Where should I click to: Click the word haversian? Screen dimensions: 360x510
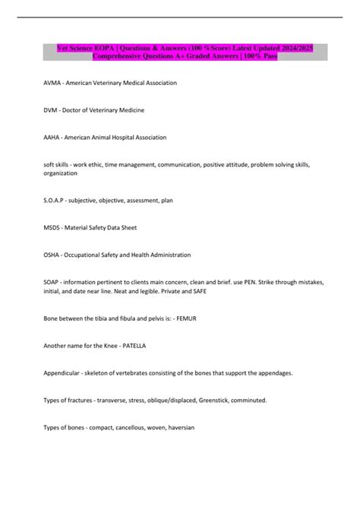pyautogui.click(x=177, y=427)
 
